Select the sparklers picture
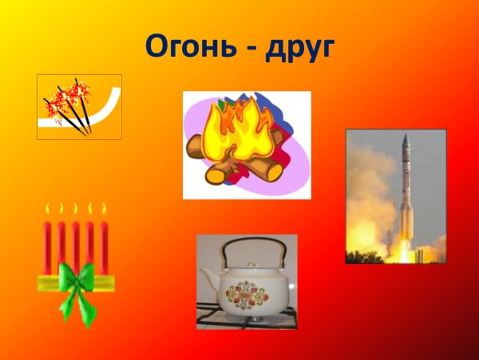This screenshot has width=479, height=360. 79,106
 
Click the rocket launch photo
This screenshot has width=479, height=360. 395,196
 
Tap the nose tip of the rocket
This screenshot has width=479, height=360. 406,137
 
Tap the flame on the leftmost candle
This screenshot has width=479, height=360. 47,212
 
